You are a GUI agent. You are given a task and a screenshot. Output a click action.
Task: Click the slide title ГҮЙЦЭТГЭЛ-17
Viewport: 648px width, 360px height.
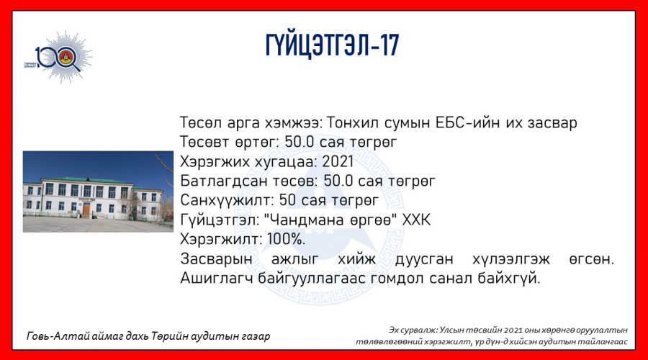pos(332,45)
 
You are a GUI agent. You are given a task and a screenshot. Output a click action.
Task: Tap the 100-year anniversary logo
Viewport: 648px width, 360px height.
pos(58,57)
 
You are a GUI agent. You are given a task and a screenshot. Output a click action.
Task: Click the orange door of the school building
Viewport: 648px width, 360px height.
pos(86,209)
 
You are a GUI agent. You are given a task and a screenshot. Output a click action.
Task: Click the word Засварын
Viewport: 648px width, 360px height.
pos(216,259)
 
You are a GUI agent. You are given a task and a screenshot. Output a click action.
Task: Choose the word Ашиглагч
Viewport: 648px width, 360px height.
pos(217,279)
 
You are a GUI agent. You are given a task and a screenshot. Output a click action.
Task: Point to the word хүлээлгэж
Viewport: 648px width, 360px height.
pos(510,259)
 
